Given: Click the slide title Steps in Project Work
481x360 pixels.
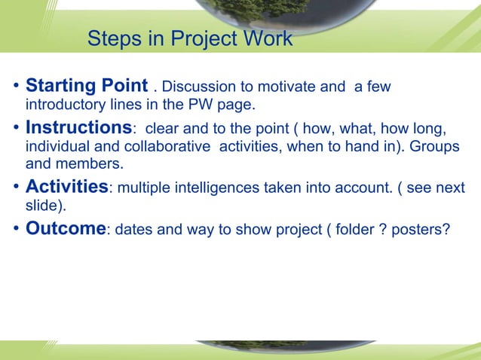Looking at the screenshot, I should [x=190, y=38].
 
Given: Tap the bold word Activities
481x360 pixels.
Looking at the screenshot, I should [x=67, y=186].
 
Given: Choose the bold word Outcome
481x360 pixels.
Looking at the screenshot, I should [x=64, y=227].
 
